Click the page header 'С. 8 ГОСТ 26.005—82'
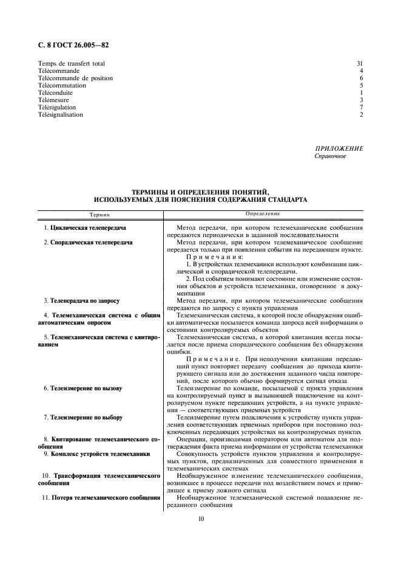tap(73, 44)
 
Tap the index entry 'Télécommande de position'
tap(75, 78)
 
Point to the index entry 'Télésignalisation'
tap(61, 114)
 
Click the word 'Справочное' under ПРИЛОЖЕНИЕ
tap(330, 156)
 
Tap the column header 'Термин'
tap(100, 215)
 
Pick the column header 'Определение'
tap(263, 214)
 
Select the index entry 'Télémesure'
tap(52, 100)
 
